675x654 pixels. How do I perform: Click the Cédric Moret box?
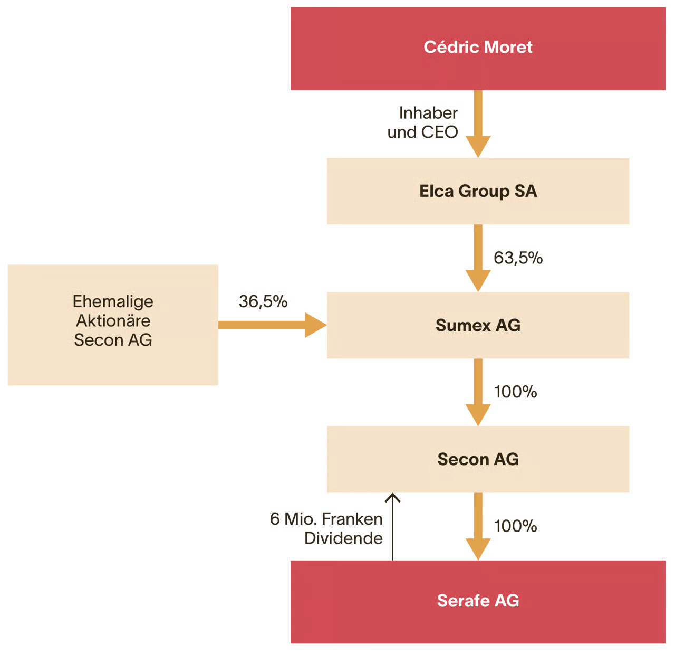pyautogui.click(x=478, y=49)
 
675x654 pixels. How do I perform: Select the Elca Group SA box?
pyautogui.click(x=478, y=191)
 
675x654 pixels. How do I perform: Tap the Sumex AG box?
pyautogui.click(x=478, y=325)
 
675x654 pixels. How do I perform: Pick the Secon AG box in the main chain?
pyautogui.click(x=478, y=459)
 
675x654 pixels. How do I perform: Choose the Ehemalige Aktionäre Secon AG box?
pyautogui.click(x=113, y=325)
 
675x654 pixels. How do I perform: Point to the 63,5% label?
pyautogui.click(x=518, y=258)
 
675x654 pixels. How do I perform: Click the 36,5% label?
pyautogui.click(x=263, y=301)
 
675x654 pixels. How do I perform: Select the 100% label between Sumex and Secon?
pyautogui.click(x=515, y=392)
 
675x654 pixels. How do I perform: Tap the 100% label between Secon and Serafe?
pyautogui.click(x=515, y=526)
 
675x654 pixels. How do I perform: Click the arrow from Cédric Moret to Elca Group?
pyautogui.click(x=478, y=124)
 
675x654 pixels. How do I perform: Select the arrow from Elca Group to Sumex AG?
pyautogui.click(x=478, y=258)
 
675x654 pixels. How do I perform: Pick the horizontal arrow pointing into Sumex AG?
pyautogui.click(x=273, y=325)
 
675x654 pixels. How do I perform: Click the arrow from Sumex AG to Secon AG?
pyautogui.click(x=478, y=392)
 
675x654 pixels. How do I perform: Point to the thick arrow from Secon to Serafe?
pyautogui.click(x=478, y=526)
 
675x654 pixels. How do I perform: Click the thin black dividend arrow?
pyautogui.click(x=393, y=527)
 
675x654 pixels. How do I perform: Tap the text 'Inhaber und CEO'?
pyautogui.click(x=422, y=122)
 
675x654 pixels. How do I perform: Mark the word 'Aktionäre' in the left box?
pyautogui.click(x=113, y=320)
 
